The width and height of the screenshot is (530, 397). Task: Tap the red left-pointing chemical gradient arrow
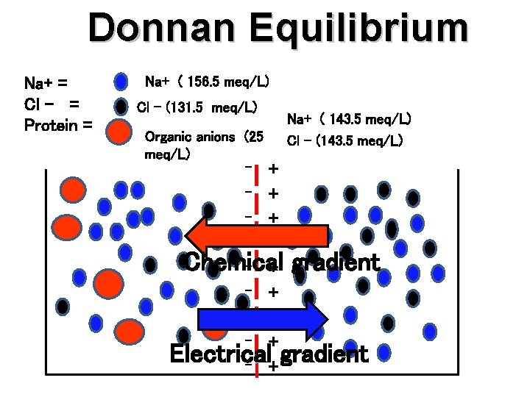[x=257, y=236]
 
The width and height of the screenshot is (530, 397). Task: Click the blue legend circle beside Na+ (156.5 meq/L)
[x=121, y=82]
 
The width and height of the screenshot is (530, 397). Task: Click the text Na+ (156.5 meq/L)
[x=207, y=81]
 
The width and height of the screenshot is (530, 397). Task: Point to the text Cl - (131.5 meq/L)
[x=197, y=107]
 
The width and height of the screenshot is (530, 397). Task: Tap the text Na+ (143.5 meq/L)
[x=349, y=118]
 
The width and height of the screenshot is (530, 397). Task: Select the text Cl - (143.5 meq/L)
[x=344, y=140]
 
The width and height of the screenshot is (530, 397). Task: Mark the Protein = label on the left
[x=58, y=125]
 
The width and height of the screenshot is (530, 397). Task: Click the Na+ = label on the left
[x=46, y=82]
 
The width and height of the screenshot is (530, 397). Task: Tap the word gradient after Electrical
[x=323, y=354]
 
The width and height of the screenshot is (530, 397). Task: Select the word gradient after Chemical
[x=335, y=262]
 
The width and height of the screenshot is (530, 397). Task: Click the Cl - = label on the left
[x=52, y=104]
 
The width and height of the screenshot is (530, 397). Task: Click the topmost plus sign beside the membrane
[x=274, y=169]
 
